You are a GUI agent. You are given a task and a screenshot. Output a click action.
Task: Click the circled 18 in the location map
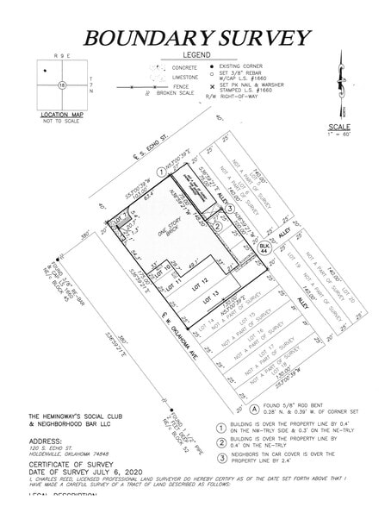click(62, 84)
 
